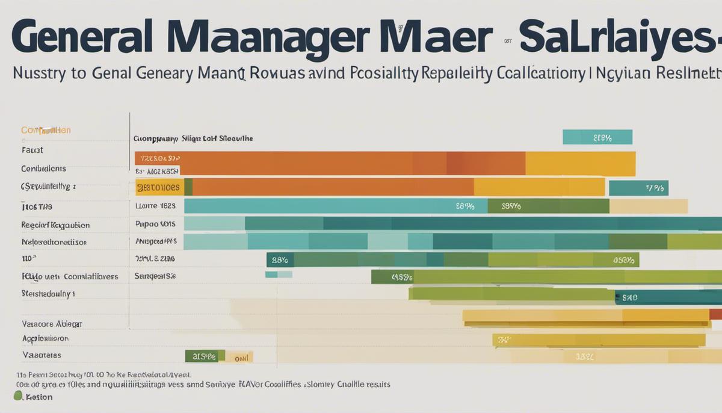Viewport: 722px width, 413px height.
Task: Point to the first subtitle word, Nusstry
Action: coord(40,75)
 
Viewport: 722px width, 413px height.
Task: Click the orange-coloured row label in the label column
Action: coord(46,131)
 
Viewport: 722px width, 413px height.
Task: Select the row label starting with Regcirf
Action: coord(55,225)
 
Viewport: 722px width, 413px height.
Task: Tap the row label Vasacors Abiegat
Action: coord(52,323)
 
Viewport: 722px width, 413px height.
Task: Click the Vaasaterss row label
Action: coord(42,355)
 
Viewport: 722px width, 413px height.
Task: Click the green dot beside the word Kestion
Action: coord(18,396)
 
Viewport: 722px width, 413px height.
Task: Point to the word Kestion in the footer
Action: coord(39,397)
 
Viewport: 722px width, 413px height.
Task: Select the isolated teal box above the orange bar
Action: coord(597,137)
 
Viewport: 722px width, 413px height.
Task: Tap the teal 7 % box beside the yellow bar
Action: coord(638,188)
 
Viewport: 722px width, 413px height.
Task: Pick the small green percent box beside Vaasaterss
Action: coord(205,357)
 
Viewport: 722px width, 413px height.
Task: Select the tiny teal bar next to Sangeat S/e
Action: coord(278,275)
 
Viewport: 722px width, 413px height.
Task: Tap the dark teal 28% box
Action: coord(280,260)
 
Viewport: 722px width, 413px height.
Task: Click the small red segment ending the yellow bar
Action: coord(715,314)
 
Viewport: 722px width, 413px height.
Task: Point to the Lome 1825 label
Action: coord(155,206)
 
